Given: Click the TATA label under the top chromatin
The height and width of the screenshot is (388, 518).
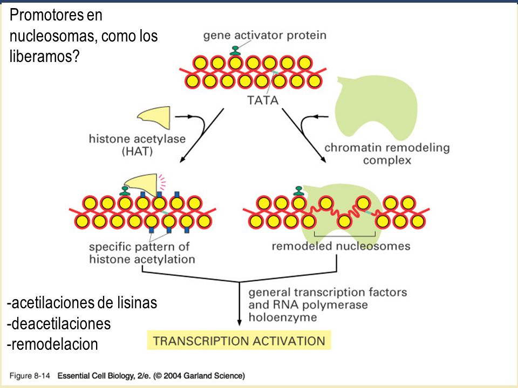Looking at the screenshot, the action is click(263, 100).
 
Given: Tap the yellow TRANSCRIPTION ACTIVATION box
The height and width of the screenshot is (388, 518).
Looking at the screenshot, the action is click(239, 340).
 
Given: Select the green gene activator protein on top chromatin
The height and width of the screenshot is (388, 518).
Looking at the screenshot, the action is click(235, 51).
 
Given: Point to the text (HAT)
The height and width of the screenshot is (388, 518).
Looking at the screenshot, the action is click(138, 151).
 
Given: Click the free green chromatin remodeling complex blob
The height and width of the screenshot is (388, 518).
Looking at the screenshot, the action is click(376, 106).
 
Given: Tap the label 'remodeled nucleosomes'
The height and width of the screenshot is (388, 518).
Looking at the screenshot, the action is click(341, 246).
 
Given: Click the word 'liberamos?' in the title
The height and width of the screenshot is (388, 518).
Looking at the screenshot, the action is click(45, 56).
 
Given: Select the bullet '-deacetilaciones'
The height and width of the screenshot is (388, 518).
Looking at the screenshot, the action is click(59, 324).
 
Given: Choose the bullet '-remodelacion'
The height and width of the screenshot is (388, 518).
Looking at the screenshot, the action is click(52, 344).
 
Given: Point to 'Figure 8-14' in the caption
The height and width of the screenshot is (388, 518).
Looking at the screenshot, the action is click(30, 376).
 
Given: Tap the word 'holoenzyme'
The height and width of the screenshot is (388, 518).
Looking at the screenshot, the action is click(283, 317).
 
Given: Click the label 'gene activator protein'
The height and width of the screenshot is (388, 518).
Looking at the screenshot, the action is click(264, 36).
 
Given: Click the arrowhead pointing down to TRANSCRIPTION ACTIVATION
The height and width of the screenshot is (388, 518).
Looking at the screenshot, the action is click(239, 322).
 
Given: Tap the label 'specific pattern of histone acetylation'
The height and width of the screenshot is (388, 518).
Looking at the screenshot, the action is click(142, 253).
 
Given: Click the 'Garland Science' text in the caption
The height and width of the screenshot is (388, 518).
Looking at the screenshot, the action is click(214, 376).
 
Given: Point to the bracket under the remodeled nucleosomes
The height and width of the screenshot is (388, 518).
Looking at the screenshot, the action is click(345, 236).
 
